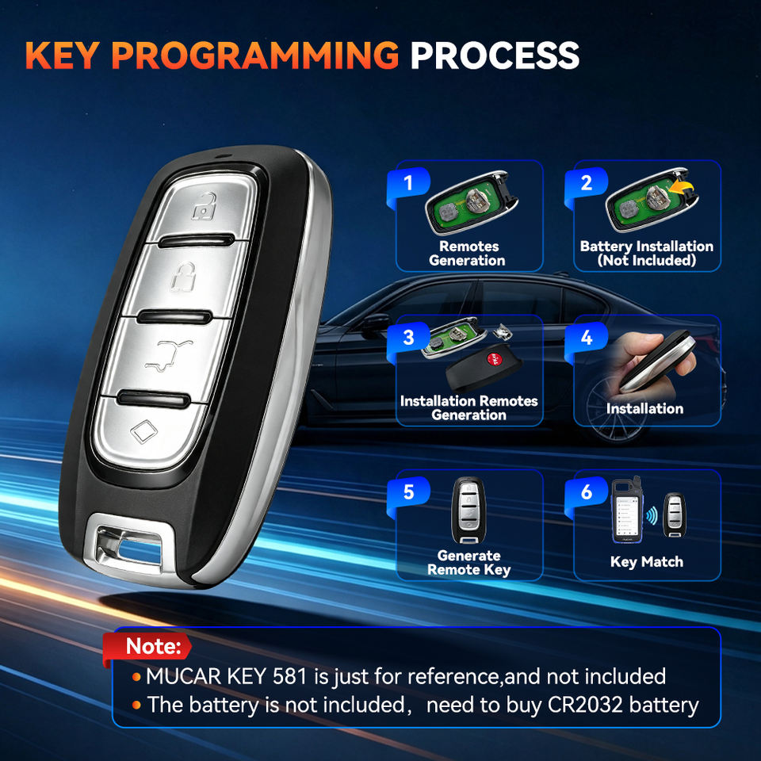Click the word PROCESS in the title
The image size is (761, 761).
tap(495, 55)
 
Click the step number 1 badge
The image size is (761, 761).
tap(408, 183)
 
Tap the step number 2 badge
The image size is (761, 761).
tap(587, 183)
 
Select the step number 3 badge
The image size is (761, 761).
tap(408, 338)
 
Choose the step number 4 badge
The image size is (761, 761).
tap(587, 338)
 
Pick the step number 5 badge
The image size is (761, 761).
tap(408, 492)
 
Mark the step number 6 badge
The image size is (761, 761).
tap(587, 492)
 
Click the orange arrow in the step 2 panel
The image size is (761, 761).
tap(682, 187)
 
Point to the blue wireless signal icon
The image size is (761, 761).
tap(652, 515)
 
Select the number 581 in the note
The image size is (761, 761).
tap(289, 676)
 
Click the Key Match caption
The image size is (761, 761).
tap(647, 561)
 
